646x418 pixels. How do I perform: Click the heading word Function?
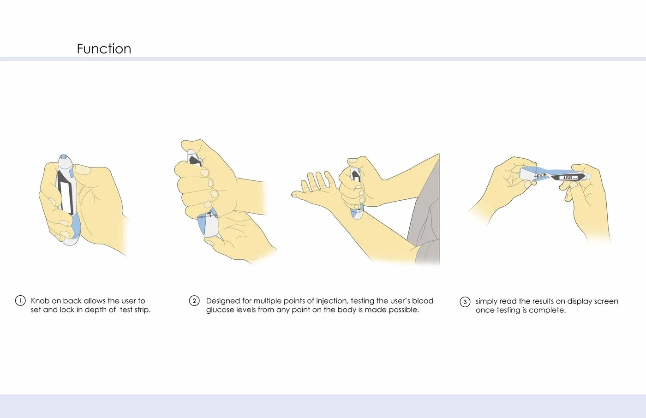(104, 49)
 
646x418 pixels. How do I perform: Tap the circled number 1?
(20, 301)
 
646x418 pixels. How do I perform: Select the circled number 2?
(194, 301)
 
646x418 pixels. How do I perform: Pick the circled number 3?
(465, 302)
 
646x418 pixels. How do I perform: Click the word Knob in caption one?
(40, 301)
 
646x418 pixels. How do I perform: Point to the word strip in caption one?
(143, 310)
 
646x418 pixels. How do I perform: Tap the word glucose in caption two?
(220, 310)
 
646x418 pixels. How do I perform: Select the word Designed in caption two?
(223, 301)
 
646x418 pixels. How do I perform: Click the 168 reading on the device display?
(568, 178)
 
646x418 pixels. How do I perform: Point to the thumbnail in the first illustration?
(83, 169)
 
